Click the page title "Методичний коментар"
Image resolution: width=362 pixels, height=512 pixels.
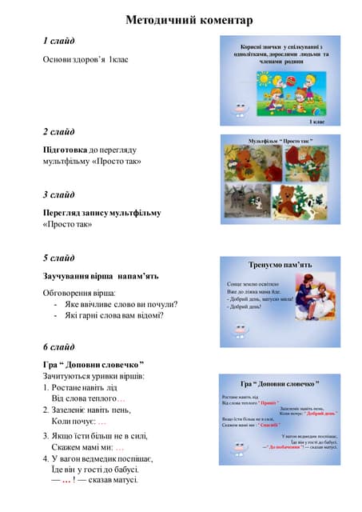[189, 20]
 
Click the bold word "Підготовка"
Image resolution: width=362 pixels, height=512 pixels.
[65, 150]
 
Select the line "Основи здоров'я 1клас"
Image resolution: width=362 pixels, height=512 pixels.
[86, 60]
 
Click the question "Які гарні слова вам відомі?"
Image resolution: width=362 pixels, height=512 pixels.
[114, 315]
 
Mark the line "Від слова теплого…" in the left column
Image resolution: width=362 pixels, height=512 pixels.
[89, 398]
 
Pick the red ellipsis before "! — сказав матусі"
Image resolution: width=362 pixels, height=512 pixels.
[68, 480]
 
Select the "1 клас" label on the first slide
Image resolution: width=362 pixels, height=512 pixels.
[316, 122]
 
